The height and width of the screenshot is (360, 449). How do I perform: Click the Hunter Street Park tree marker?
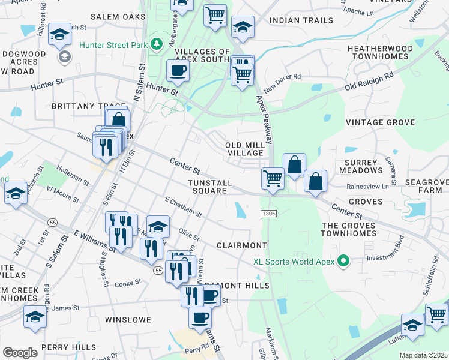point(156,43)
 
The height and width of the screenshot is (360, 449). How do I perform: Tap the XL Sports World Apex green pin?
point(343,262)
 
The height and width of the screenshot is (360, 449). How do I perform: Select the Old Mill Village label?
point(244,149)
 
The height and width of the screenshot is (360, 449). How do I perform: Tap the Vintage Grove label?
point(381,122)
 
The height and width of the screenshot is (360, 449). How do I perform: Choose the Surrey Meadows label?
point(361,166)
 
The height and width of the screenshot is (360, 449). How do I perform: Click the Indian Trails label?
point(301,20)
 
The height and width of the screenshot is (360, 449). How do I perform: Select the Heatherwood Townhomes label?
point(381,53)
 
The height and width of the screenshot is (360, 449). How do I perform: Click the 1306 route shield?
point(268,214)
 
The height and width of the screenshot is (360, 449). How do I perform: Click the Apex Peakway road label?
point(264,120)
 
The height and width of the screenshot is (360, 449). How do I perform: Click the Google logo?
point(20,352)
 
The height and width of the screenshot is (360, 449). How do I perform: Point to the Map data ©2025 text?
point(423,355)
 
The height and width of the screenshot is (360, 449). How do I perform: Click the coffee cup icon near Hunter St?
point(178,71)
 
